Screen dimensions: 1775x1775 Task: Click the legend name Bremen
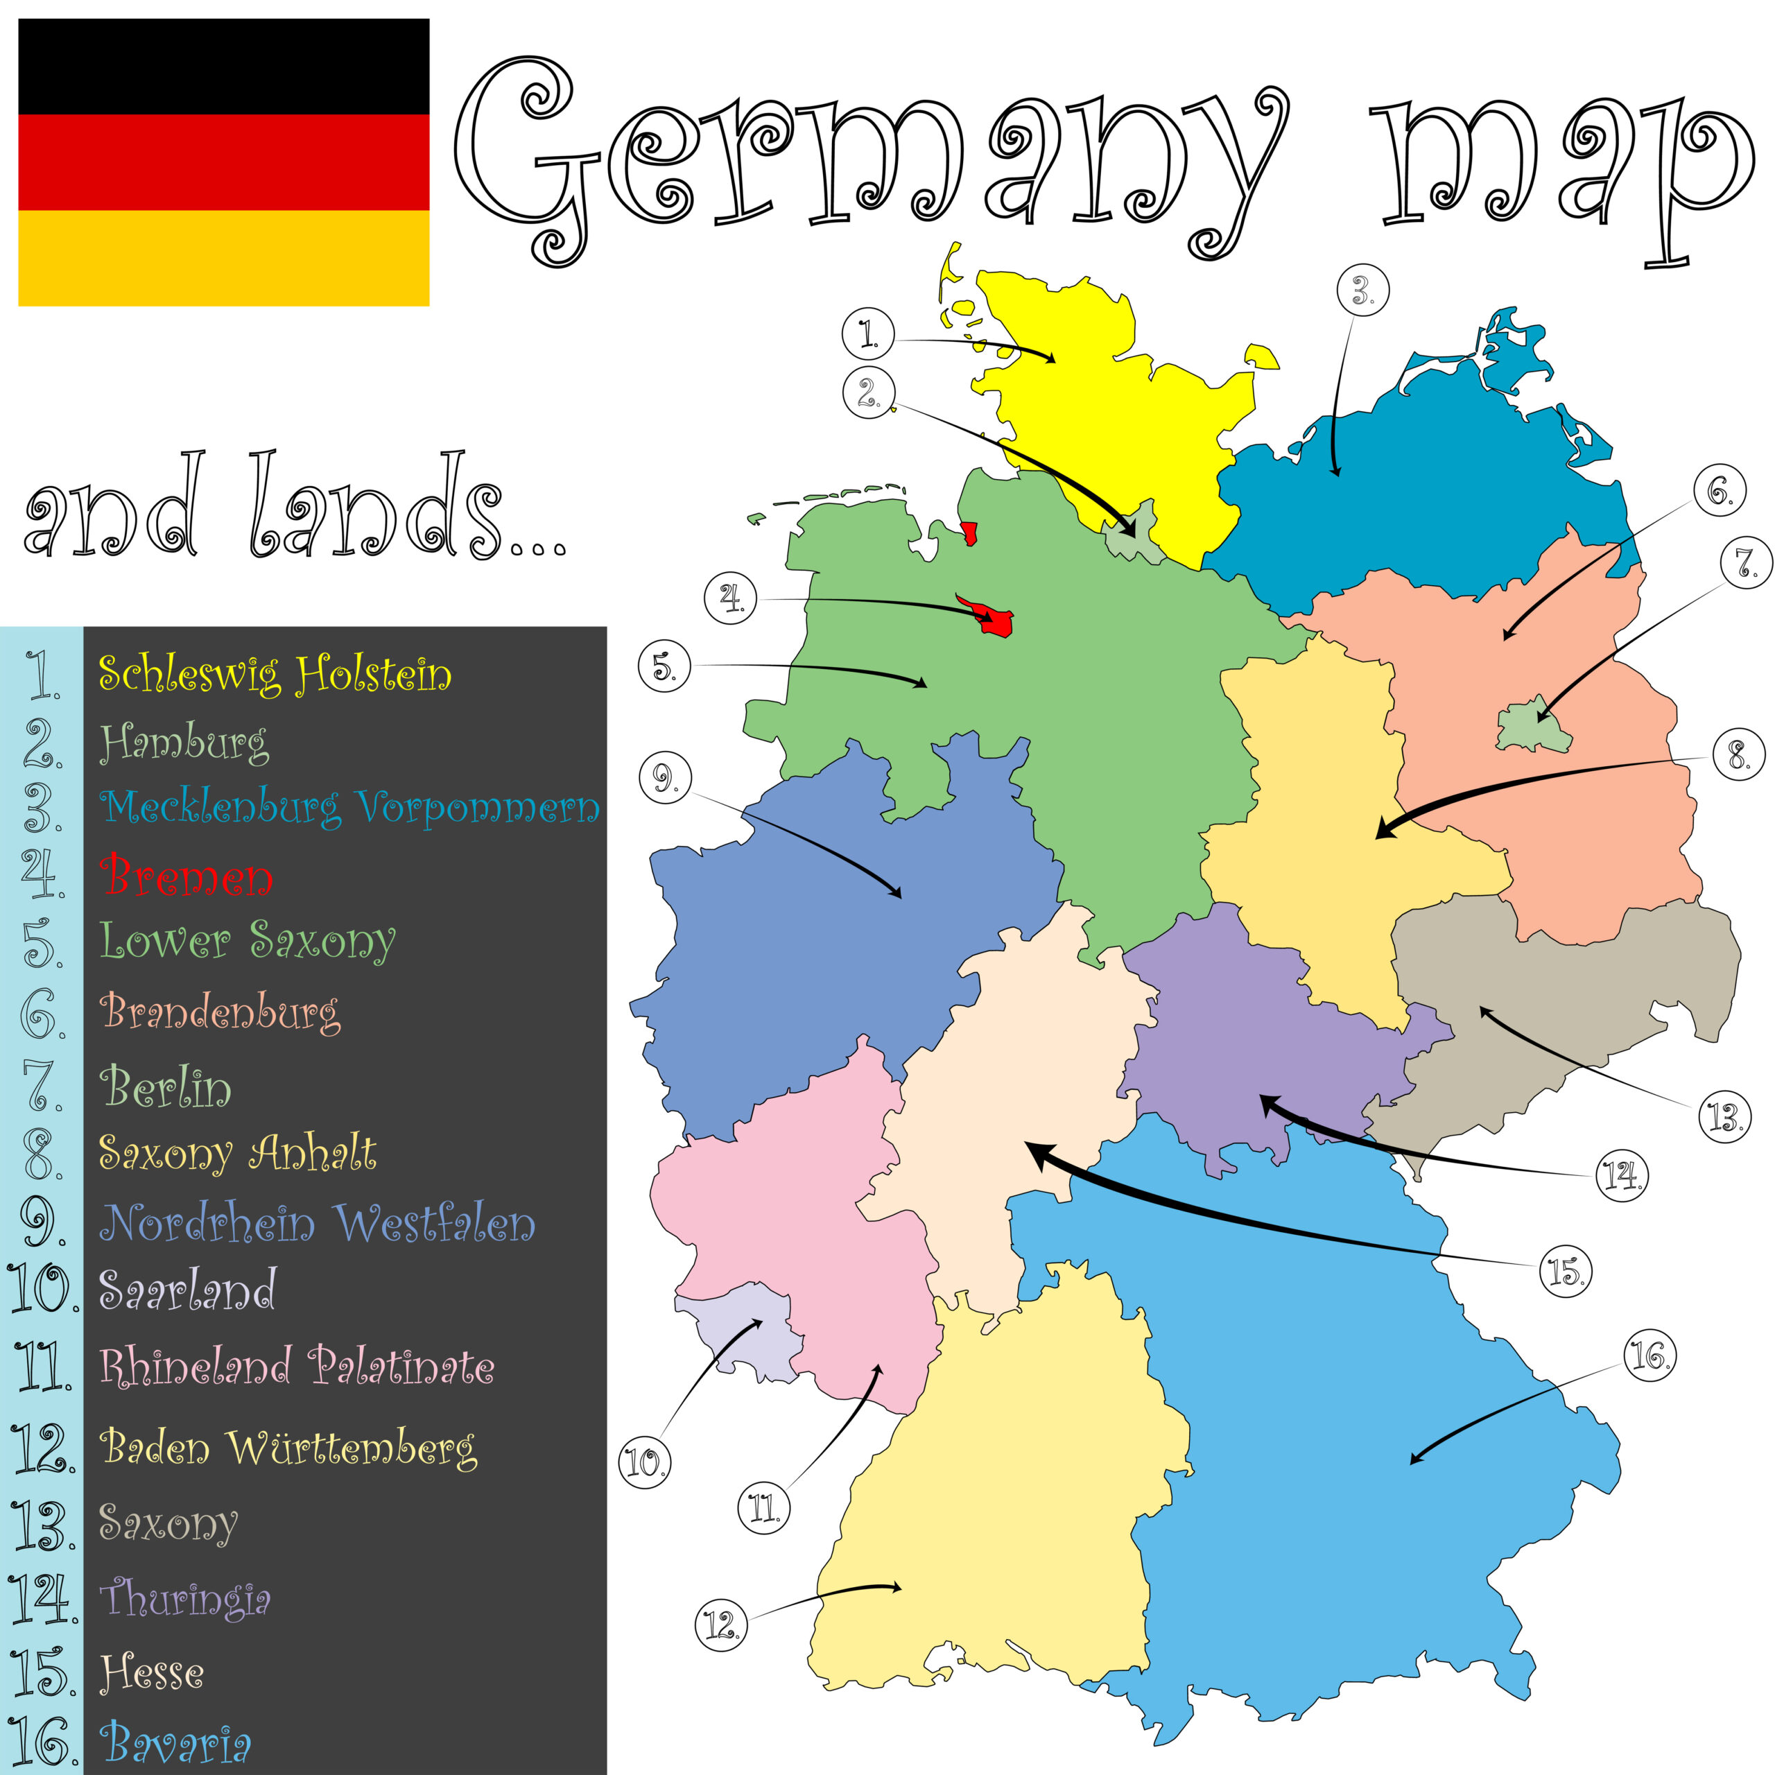[x=187, y=876]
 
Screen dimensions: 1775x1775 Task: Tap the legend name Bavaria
[x=175, y=1743]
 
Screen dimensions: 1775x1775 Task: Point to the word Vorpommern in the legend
[x=478, y=808]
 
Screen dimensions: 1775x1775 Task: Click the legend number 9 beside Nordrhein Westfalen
[x=42, y=1223]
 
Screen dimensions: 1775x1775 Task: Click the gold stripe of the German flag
[x=223, y=257]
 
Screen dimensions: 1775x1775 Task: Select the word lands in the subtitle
[x=376, y=505]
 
